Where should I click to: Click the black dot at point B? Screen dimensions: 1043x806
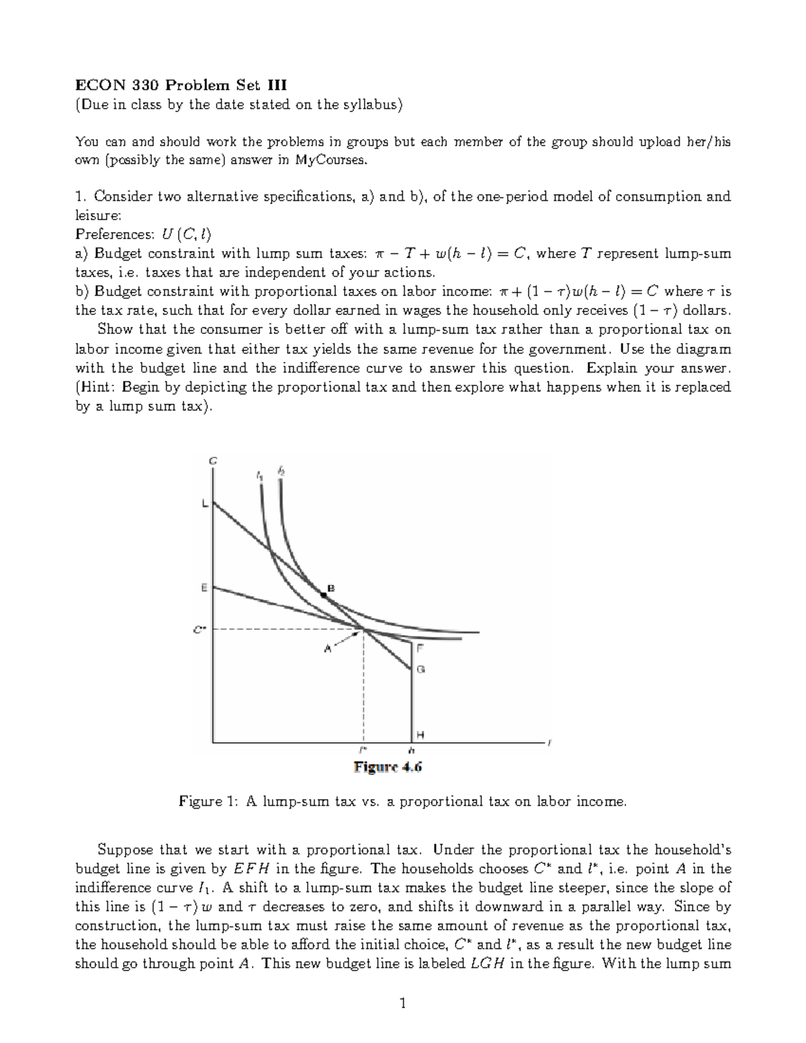323,594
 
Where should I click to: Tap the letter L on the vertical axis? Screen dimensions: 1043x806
205,506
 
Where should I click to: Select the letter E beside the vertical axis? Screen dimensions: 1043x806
204,587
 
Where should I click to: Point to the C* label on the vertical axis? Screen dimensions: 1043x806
199,630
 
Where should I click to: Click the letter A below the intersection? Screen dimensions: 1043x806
328,648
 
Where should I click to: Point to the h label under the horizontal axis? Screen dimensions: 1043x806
411,749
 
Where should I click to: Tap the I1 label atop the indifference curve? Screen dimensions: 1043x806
260,475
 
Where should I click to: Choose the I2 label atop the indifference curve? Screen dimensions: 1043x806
281,471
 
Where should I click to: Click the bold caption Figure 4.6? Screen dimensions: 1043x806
388,767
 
